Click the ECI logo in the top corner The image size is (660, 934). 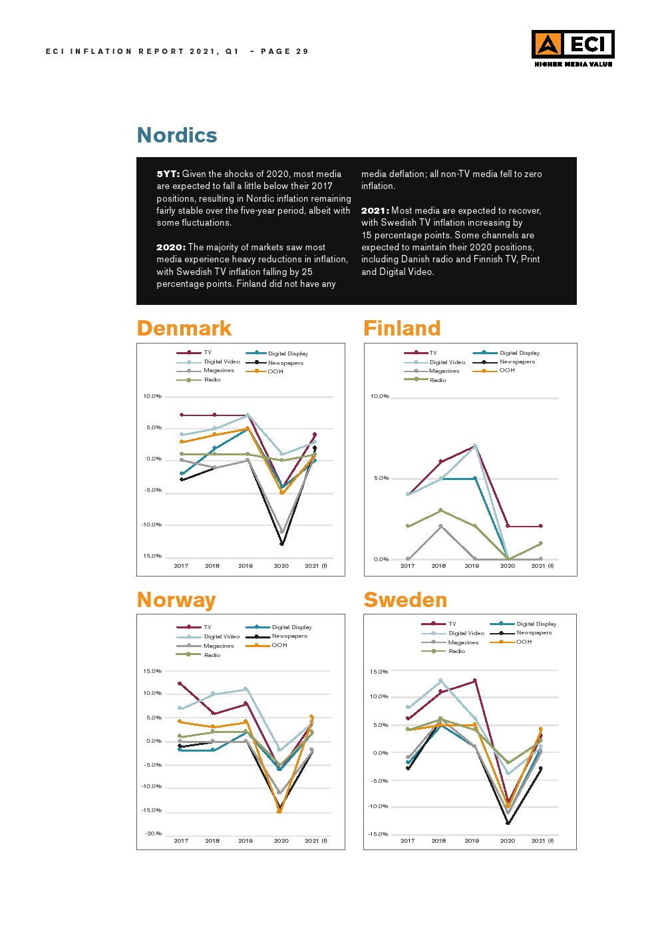[572, 48]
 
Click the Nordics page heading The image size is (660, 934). [177, 135]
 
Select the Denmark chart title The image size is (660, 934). [184, 328]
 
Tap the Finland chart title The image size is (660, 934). [402, 328]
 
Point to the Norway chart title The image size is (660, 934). [176, 600]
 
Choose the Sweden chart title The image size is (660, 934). [405, 600]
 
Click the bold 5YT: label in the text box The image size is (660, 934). [168, 174]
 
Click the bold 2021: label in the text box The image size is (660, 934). [375, 210]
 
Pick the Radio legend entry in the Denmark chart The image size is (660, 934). [212, 379]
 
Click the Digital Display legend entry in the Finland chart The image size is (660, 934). [519, 353]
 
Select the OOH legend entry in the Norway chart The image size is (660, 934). [279, 645]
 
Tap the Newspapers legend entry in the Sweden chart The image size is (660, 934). [534, 632]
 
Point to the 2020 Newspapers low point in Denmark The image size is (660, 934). [282, 544]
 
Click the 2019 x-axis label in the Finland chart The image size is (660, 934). [472, 566]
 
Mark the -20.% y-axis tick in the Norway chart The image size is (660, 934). [154, 833]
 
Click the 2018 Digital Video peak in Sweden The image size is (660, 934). [440, 680]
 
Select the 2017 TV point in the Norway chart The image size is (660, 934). [180, 683]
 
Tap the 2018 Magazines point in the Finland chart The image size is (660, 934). [440, 526]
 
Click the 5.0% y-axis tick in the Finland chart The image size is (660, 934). [381, 478]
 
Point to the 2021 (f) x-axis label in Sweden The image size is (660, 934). [542, 841]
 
